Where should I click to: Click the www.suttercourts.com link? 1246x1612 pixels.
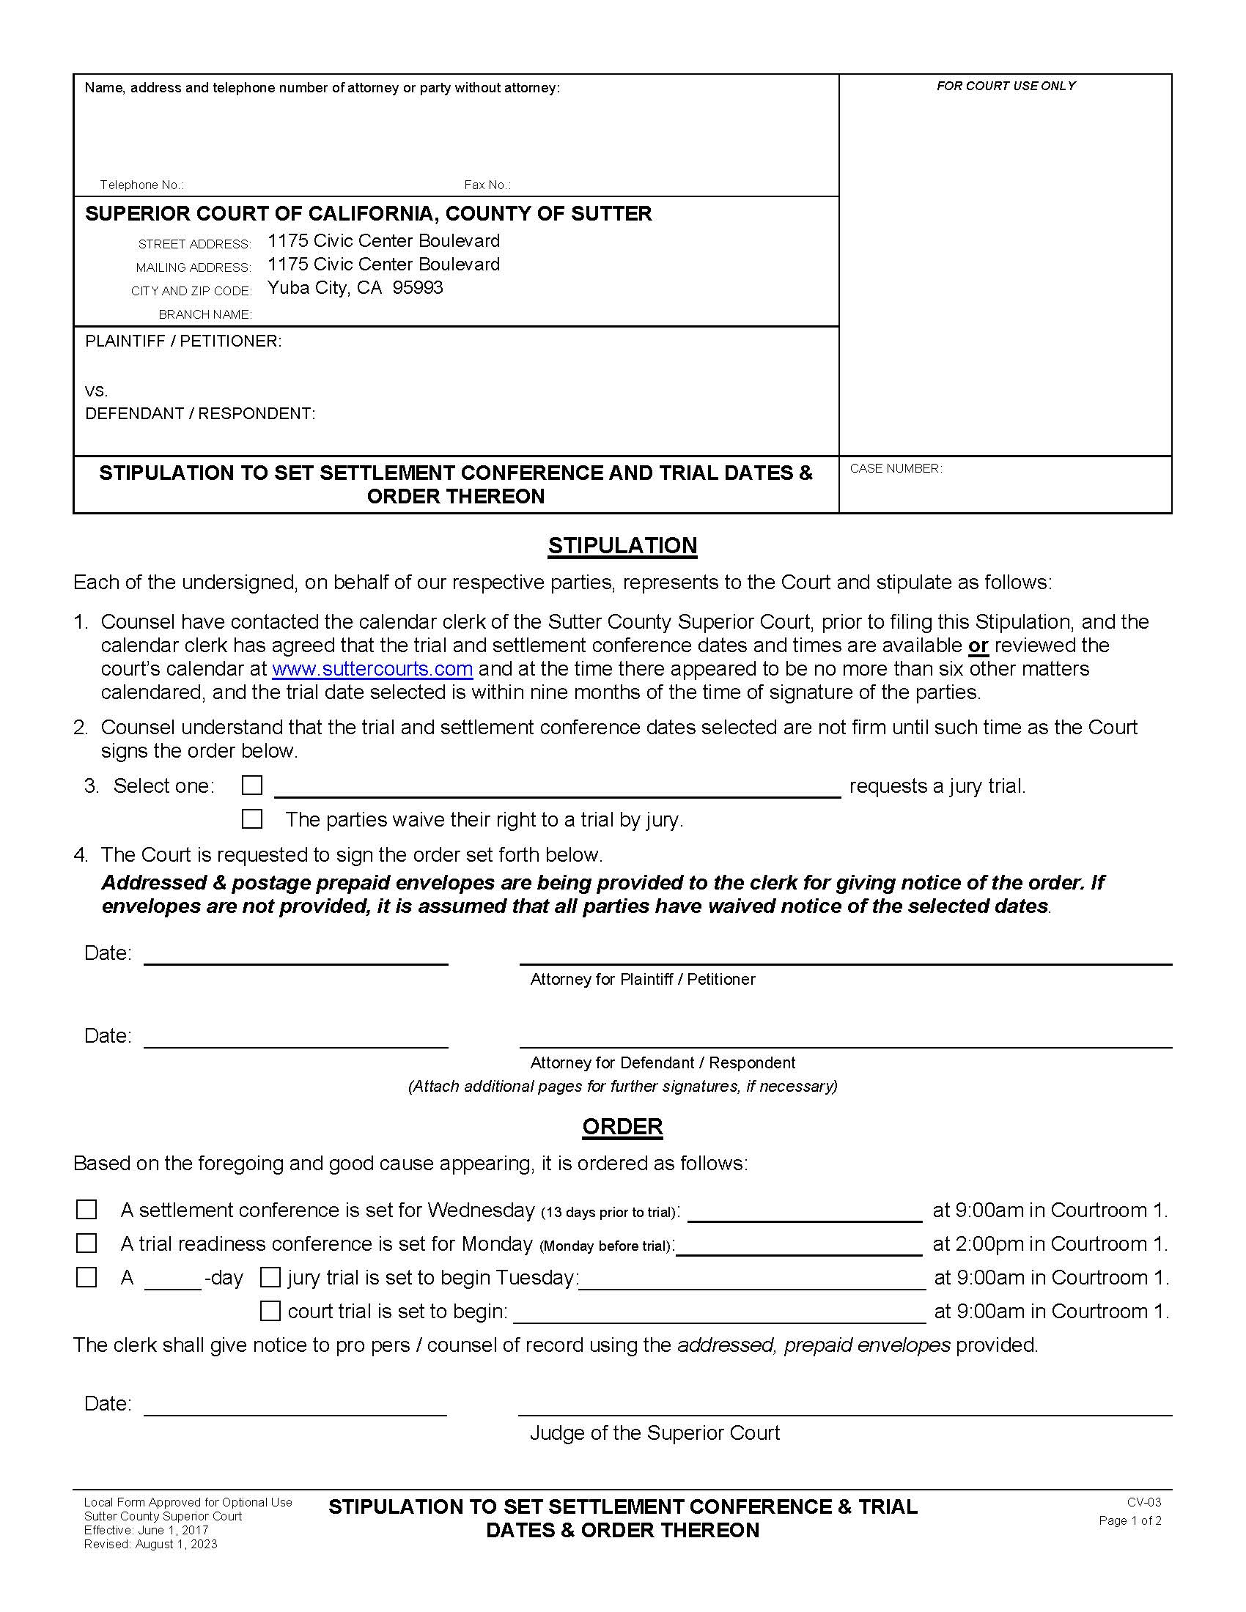(x=372, y=669)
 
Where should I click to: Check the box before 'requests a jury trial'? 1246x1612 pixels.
(x=252, y=785)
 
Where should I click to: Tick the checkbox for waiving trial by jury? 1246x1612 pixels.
(x=252, y=818)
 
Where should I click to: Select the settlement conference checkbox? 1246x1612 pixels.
(x=86, y=1210)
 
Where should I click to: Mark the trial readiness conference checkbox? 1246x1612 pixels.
(x=86, y=1243)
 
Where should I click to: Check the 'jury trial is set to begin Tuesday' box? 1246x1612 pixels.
(x=270, y=1277)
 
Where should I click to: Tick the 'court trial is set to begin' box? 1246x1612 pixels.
(x=270, y=1311)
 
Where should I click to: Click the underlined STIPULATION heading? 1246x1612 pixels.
(x=622, y=545)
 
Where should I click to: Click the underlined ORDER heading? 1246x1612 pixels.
(x=622, y=1126)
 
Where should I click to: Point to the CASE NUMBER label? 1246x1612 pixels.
(x=896, y=469)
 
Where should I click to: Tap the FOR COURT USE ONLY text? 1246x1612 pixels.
(x=1006, y=86)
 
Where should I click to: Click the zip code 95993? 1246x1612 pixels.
(x=418, y=288)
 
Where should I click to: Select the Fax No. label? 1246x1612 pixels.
(x=487, y=185)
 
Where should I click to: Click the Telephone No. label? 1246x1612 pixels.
(x=141, y=185)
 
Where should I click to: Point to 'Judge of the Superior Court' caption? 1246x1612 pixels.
(x=654, y=1432)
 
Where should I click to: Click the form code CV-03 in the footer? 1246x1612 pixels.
(x=1143, y=1502)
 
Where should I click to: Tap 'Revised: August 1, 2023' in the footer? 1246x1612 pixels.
(x=150, y=1544)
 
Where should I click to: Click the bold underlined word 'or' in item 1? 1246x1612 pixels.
(x=978, y=645)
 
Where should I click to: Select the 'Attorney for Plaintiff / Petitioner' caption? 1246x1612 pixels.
(x=642, y=979)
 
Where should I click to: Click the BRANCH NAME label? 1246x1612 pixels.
(x=205, y=314)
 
